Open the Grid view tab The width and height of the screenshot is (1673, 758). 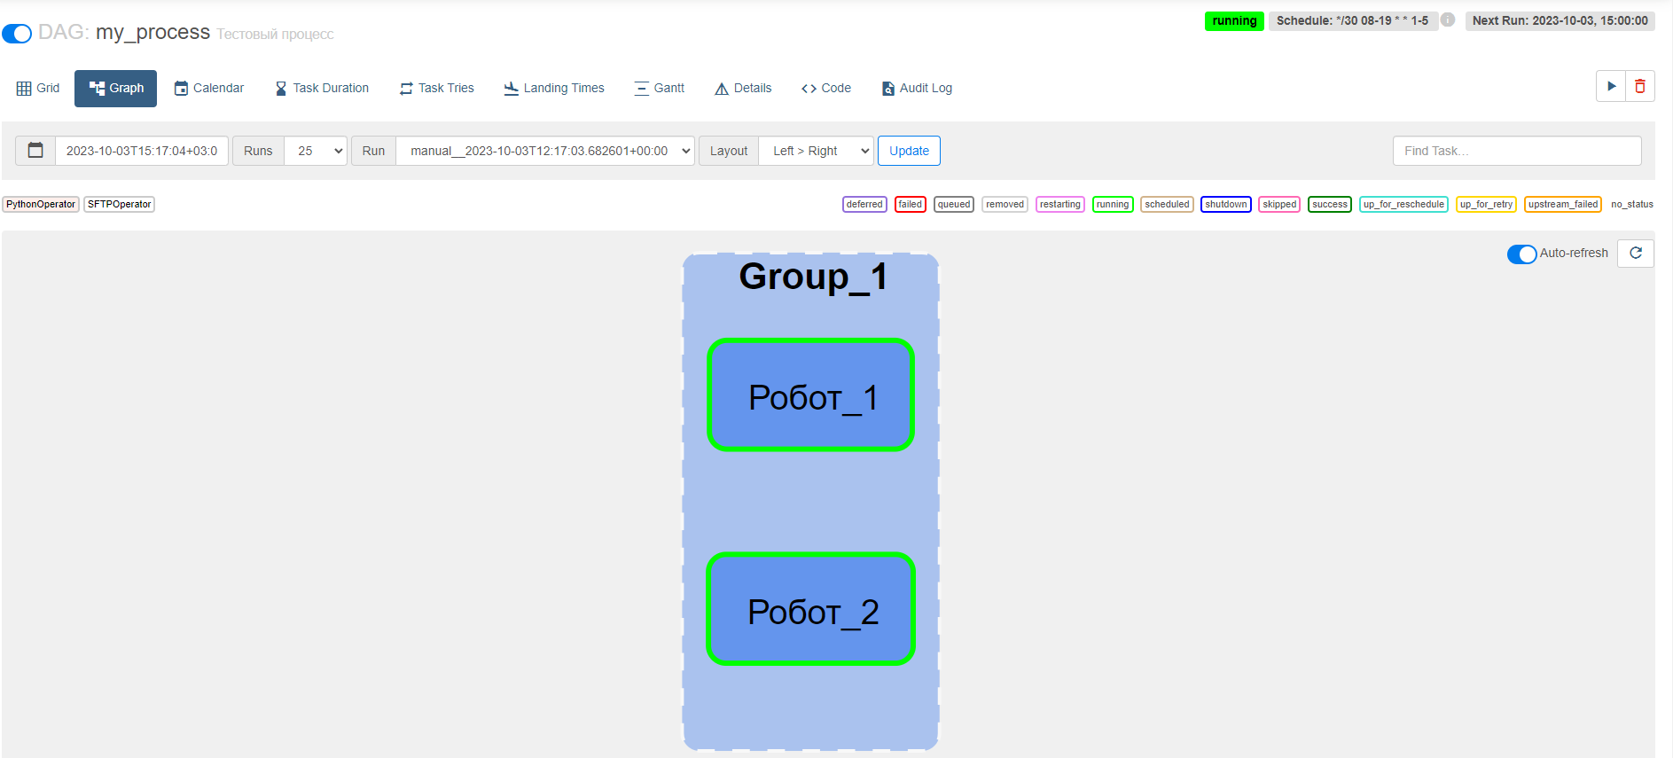[38, 89]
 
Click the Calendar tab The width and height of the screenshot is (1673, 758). [209, 89]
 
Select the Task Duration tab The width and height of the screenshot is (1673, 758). [322, 89]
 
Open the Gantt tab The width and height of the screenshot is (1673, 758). [660, 89]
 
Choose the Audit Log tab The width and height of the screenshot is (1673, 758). [917, 89]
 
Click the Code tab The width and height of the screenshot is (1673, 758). [826, 89]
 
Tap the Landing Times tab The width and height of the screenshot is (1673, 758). [554, 89]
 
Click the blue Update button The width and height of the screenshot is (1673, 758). [909, 151]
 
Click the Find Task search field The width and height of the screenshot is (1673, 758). [1517, 151]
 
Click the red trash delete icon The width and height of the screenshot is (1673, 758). [1640, 86]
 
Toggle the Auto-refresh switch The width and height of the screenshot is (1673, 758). [1521, 254]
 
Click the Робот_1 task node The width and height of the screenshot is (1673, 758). [810, 395]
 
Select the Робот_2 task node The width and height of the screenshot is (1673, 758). [810, 609]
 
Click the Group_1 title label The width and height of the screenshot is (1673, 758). [813, 277]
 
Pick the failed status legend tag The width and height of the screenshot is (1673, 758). [911, 205]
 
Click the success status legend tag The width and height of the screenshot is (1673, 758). [1330, 205]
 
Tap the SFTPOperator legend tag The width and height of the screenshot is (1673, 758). [120, 205]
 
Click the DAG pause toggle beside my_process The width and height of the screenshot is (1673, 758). [17, 34]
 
